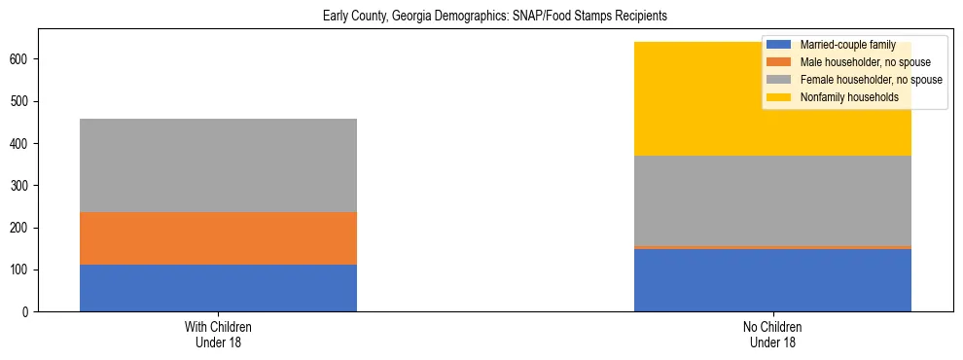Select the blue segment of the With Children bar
coord(218,288)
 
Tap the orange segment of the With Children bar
coord(218,238)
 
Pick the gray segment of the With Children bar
coord(218,165)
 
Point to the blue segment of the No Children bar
coord(772,280)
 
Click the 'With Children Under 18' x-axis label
coord(218,334)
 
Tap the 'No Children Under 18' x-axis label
coord(772,334)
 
